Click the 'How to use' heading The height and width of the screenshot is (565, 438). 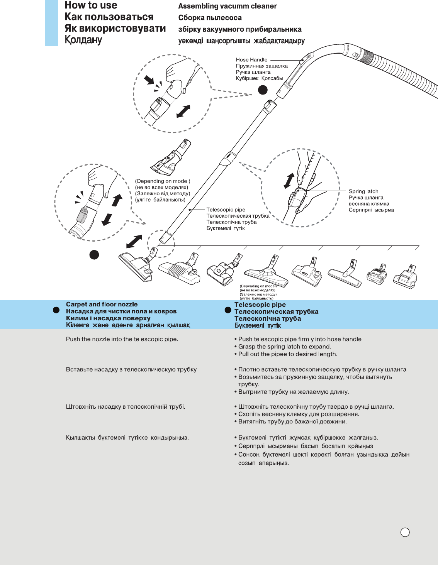[91, 5]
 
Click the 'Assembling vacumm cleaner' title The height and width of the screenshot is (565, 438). [227, 6]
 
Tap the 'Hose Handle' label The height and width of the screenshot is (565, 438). [251, 60]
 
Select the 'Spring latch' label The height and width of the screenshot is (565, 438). [363, 191]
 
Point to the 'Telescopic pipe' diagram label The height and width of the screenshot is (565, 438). [226, 210]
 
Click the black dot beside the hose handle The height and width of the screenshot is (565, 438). [263, 90]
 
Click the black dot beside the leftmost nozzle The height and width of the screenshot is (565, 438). [94, 255]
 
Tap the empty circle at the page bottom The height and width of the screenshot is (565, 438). [405, 533]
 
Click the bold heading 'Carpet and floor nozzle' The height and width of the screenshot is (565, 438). [102, 304]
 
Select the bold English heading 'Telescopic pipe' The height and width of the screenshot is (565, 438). [260, 305]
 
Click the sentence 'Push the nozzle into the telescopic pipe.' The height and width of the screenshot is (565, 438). [122, 339]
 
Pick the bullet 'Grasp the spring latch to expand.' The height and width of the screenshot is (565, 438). [284, 347]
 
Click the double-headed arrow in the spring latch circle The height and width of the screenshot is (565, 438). [289, 181]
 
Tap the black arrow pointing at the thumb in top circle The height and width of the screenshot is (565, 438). [149, 80]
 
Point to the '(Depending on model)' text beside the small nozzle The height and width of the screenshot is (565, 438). [162, 181]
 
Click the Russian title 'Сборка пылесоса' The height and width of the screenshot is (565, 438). [210, 18]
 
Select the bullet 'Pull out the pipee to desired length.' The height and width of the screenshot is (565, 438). [287, 354]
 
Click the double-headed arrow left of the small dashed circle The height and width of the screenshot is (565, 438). [134, 242]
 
